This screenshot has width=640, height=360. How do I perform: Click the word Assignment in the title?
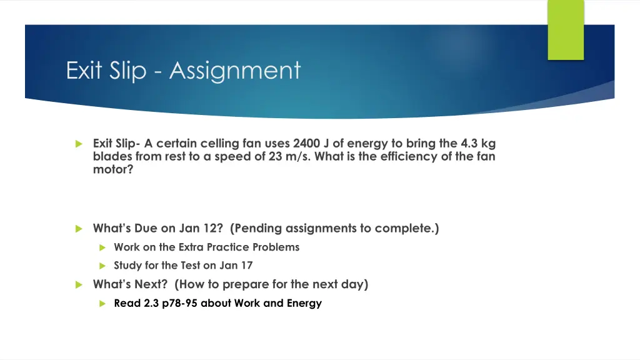(x=234, y=70)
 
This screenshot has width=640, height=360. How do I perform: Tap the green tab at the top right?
(x=566, y=30)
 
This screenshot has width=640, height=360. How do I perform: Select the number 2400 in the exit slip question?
(x=299, y=143)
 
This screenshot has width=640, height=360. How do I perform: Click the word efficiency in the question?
(x=401, y=156)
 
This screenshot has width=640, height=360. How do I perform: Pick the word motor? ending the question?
(x=113, y=169)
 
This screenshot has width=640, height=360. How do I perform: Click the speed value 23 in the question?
(x=276, y=156)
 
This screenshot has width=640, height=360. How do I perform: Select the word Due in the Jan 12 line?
(x=146, y=228)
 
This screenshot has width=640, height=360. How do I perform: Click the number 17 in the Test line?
(x=246, y=265)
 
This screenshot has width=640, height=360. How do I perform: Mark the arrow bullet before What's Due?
(x=78, y=229)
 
